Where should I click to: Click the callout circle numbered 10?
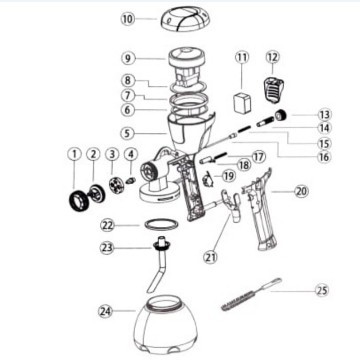pyautogui.click(x=127, y=19)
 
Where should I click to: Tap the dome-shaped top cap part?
pyautogui.click(x=183, y=20)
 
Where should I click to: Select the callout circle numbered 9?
pyautogui.click(x=128, y=58)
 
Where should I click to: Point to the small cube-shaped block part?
pyautogui.click(x=242, y=103)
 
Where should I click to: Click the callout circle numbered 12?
pyautogui.click(x=273, y=57)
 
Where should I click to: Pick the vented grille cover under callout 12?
pyautogui.click(x=273, y=89)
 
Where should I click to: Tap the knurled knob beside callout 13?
pyautogui.click(x=280, y=115)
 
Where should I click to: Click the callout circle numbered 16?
pyautogui.click(x=323, y=157)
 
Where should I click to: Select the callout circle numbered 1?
pyautogui.click(x=74, y=154)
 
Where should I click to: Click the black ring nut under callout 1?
pyautogui.click(x=79, y=201)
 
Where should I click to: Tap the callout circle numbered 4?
pyautogui.click(x=131, y=154)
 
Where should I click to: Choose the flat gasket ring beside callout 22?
pyautogui.click(x=160, y=224)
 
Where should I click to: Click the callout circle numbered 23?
pyautogui.click(x=107, y=248)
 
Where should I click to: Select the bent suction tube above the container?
pyautogui.click(x=158, y=263)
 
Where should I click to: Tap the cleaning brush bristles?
pyautogui.click(x=238, y=301)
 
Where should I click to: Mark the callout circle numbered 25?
pyautogui.click(x=322, y=290)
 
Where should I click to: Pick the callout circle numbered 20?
pyautogui.click(x=302, y=191)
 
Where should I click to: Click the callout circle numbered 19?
pyautogui.click(x=228, y=175)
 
